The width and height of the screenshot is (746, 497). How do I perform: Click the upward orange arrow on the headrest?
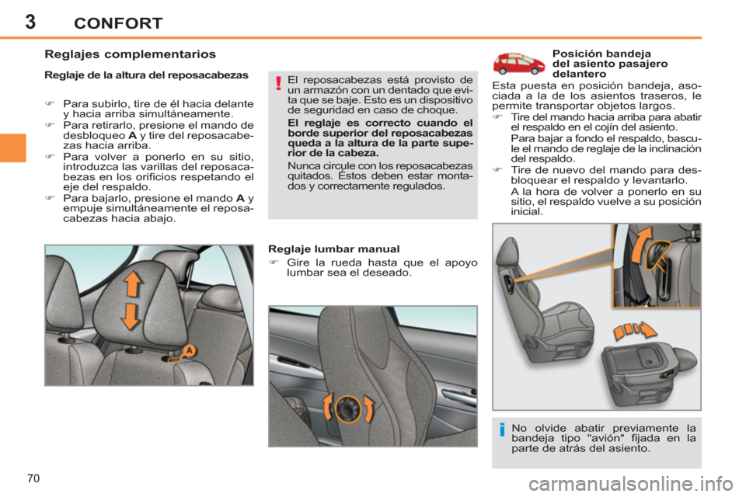132,283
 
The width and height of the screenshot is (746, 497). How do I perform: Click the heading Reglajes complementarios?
129,54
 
